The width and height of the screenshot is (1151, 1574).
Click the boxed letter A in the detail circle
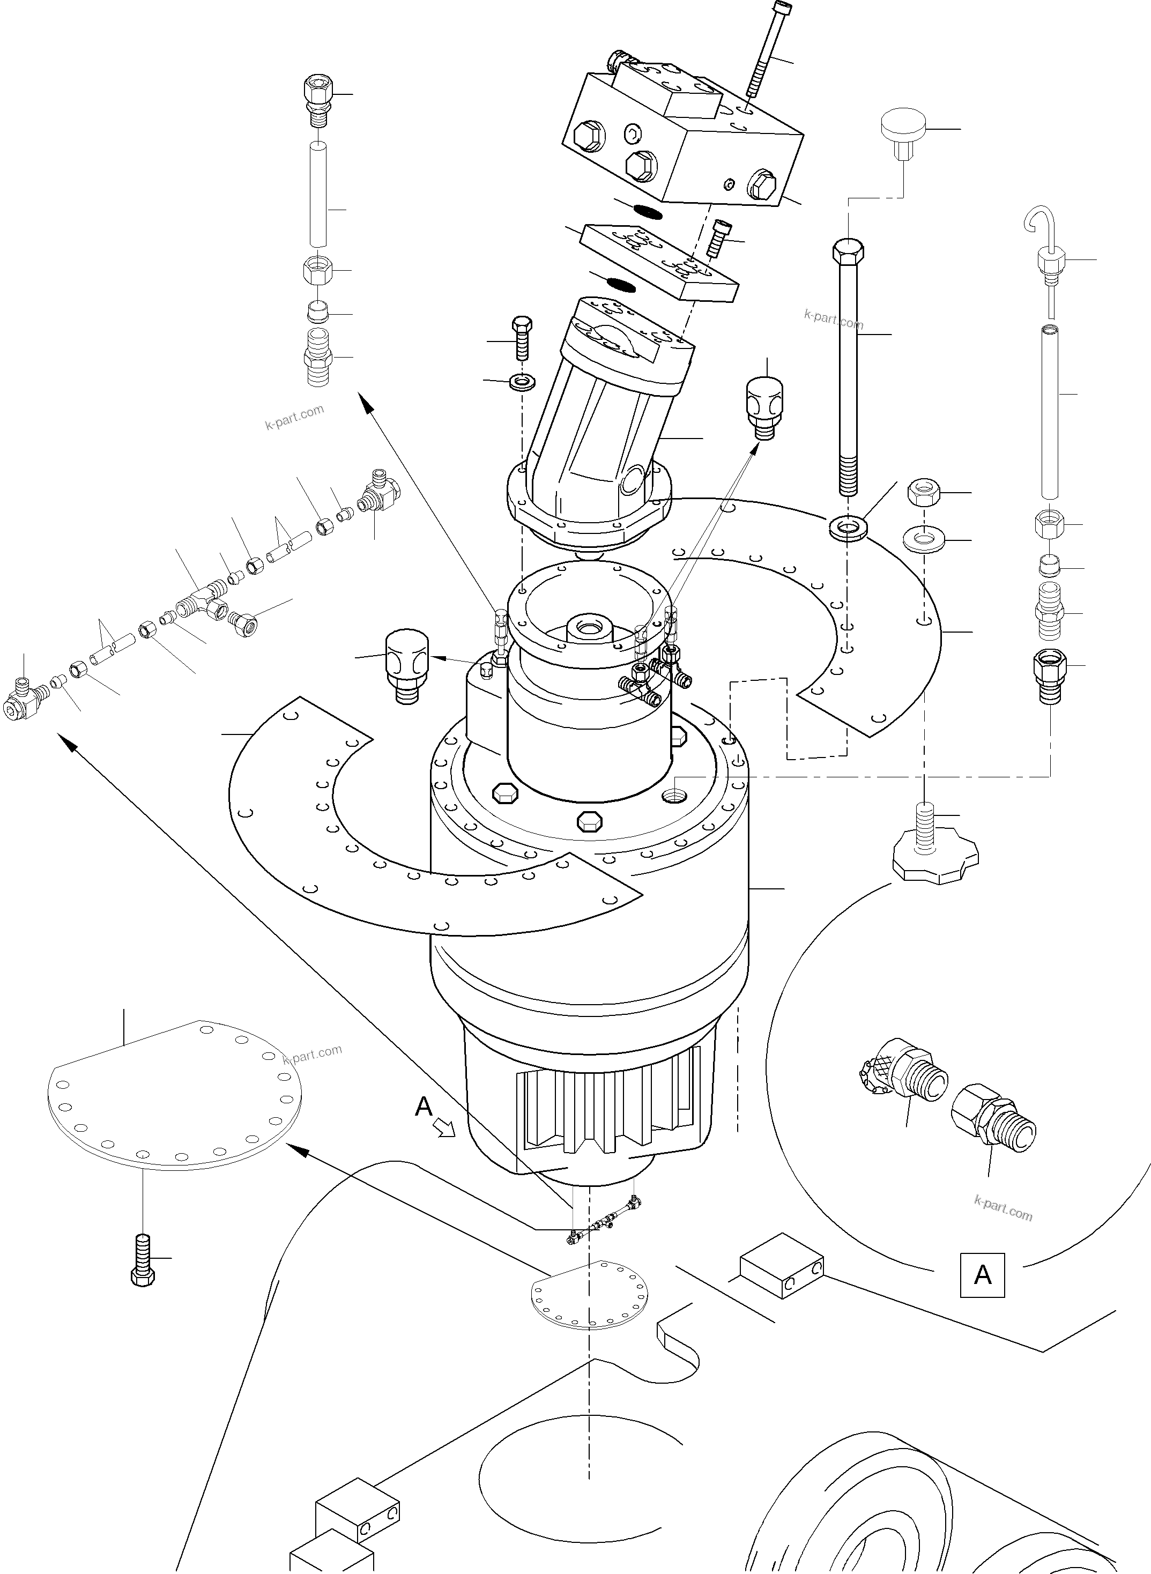(x=982, y=1275)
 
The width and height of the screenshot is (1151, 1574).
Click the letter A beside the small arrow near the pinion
(x=423, y=1106)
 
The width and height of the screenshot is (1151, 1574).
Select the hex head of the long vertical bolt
(x=848, y=249)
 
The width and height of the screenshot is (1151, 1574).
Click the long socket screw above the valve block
(x=765, y=49)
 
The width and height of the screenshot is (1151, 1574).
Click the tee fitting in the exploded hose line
(x=202, y=602)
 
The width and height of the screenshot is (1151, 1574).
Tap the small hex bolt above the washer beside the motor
(x=522, y=337)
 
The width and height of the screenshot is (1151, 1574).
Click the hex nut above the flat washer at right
(x=924, y=493)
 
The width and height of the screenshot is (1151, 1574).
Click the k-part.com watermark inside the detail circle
(x=1003, y=1207)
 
